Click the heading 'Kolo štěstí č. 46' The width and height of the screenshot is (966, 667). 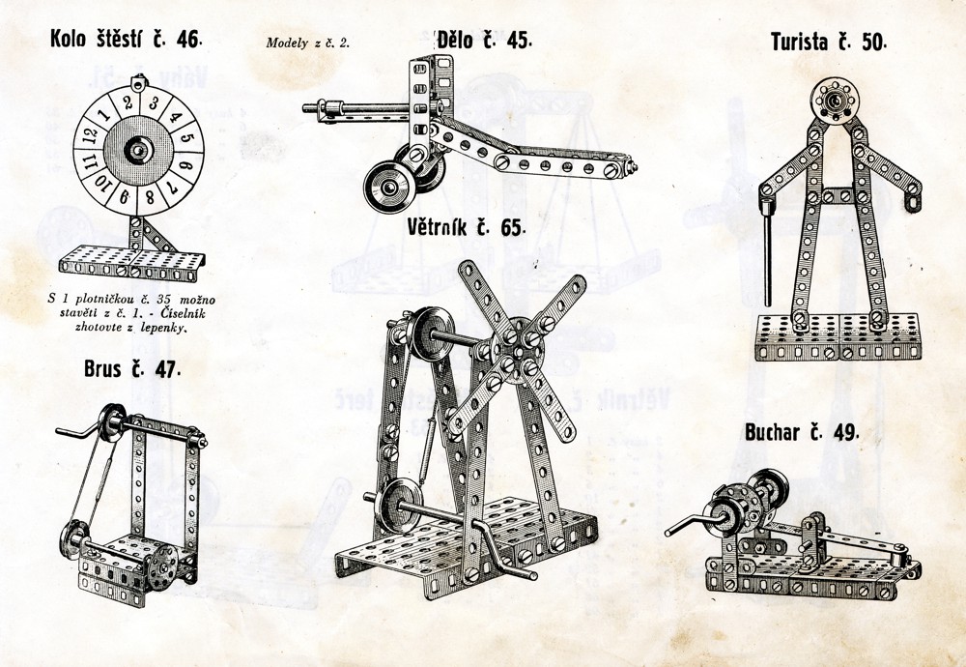coord(126,39)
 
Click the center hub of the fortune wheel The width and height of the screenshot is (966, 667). coord(138,150)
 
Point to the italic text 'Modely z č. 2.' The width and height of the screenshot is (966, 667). coord(307,43)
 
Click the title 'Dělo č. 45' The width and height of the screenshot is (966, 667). coord(484,40)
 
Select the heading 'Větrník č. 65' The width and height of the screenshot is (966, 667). coord(467,227)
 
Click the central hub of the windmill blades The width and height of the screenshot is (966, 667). coord(518,351)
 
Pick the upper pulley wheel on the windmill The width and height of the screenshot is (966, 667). coord(432,333)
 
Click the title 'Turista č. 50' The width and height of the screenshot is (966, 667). coord(828,42)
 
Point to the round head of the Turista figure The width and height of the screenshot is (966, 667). coord(835,101)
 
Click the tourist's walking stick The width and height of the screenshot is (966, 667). coord(767,252)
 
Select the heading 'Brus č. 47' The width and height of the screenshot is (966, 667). coord(131,369)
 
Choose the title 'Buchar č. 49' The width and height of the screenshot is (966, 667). coord(802,433)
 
